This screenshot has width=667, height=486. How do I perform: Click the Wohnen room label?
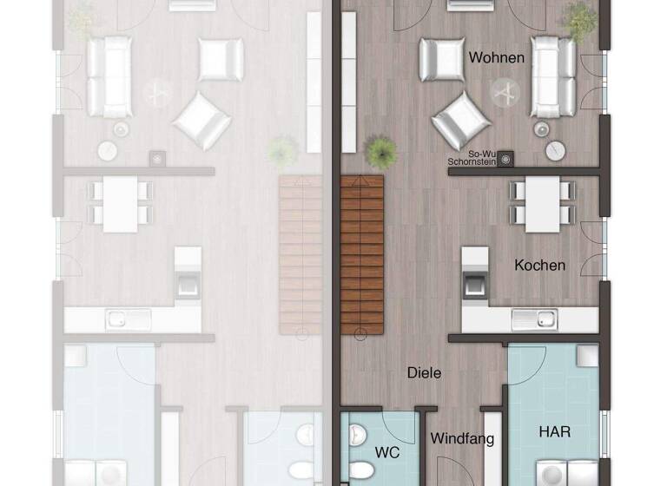[x=497, y=58]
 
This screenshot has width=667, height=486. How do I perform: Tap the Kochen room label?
[x=539, y=266]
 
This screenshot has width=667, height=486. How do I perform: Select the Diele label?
[x=425, y=373]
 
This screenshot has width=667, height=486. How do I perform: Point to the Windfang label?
[x=462, y=438]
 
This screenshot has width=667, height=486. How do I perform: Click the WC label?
[x=386, y=452]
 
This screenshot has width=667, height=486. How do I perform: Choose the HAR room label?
[x=555, y=431]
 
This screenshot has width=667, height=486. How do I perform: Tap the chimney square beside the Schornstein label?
[x=506, y=158]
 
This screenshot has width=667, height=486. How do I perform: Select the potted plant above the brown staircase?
[x=380, y=152]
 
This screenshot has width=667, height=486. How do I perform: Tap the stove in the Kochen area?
[x=474, y=284]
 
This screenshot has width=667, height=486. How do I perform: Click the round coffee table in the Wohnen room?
[x=505, y=92]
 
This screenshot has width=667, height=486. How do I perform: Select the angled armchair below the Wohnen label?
[x=460, y=119]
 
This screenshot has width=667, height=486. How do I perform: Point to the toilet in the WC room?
[x=360, y=470]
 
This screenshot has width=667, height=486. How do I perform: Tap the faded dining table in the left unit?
[x=122, y=204]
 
